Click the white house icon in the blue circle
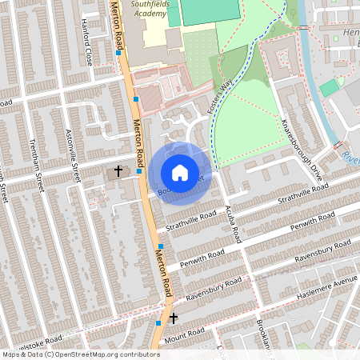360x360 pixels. (x=180, y=173)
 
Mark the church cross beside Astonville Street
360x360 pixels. (x=118, y=170)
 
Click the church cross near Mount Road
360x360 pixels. (x=173, y=318)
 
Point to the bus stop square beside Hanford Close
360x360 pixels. (x=118, y=54)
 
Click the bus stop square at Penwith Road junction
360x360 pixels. (x=160, y=246)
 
